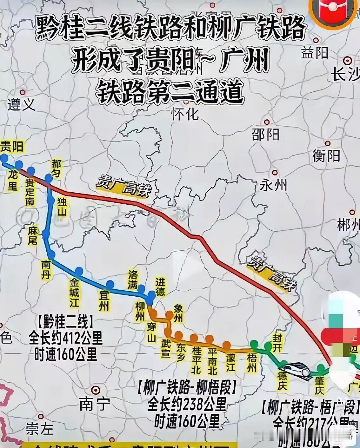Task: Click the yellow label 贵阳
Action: coord(12,147)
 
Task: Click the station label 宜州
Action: coord(104,301)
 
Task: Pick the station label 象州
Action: coord(178,313)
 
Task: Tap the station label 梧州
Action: coord(252,363)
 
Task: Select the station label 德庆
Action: coord(282,381)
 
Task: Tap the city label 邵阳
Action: coord(265,135)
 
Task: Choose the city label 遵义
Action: coord(21,104)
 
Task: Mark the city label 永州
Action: coord(273,185)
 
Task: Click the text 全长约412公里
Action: coord(66,338)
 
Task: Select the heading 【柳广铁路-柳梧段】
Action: coord(187,387)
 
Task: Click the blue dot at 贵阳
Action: coord(4,158)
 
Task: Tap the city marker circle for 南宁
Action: coord(95,390)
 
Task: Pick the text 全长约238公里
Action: coord(187,405)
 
